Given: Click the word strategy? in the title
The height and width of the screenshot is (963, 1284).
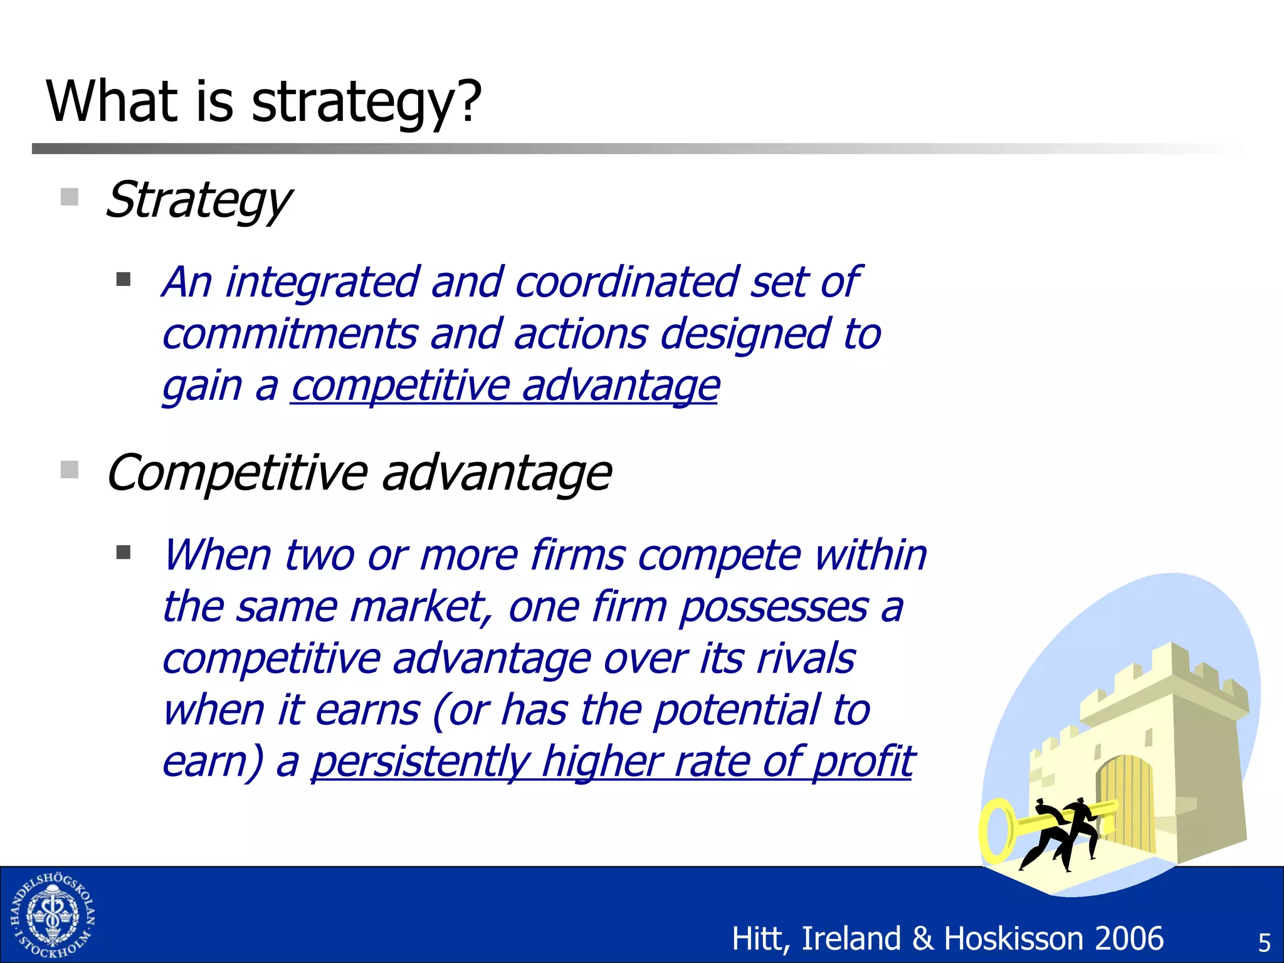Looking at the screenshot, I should (x=366, y=102).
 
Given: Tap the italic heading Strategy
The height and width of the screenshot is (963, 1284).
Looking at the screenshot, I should (x=198, y=201).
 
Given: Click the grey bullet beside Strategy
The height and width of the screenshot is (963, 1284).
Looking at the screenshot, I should (x=70, y=197).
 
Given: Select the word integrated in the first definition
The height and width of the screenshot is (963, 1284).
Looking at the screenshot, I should (x=322, y=282).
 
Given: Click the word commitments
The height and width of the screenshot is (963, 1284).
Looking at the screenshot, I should (x=289, y=334).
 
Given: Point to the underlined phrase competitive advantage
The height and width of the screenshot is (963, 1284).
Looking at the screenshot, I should (x=505, y=385).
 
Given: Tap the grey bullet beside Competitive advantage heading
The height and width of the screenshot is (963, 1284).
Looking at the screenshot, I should (x=70, y=470).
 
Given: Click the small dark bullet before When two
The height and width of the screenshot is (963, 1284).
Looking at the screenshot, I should (x=124, y=552).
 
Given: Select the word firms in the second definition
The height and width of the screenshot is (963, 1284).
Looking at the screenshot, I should (x=577, y=555).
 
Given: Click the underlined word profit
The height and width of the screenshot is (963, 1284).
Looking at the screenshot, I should (x=863, y=762).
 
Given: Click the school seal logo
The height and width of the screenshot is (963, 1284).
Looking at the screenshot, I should (x=53, y=915).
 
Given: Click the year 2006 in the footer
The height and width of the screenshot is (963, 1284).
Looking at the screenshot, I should (x=1129, y=939).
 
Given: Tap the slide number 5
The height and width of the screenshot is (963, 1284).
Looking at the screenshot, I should (x=1264, y=943).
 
